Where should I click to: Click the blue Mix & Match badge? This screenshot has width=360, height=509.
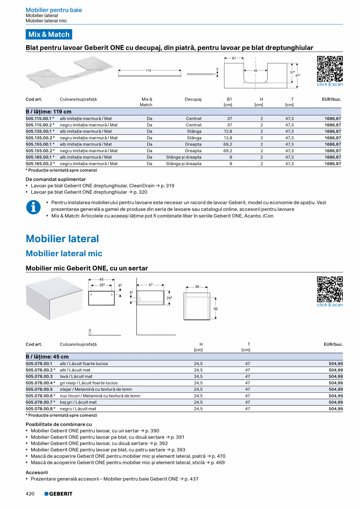(x=49, y=34)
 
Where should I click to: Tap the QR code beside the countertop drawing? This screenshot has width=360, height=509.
(x=329, y=68)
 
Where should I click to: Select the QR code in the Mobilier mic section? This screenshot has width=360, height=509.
(x=329, y=289)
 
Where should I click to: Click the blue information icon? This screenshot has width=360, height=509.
(x=33, y=207)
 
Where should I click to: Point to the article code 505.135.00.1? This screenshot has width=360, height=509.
(x=40, y=131)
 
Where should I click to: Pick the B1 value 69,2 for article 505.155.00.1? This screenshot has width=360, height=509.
(x=228, y=144)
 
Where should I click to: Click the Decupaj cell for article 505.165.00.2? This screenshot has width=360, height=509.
(x=184, y=164)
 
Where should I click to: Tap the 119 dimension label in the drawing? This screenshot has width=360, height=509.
(x=148, y=70)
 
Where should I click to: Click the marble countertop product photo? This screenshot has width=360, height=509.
(x=69, y=72)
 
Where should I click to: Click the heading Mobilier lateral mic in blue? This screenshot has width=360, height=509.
(x=64, y=254)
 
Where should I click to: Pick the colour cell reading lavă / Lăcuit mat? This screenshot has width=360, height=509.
(x=76, y=376)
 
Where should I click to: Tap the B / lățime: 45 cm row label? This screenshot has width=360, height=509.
(x=47, y=357)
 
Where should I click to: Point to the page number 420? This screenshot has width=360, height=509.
(x=30, y=494)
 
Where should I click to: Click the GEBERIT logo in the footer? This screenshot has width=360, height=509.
(x=58, y=494)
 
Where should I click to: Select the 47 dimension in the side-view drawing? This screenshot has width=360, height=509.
(x=151, y=285)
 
